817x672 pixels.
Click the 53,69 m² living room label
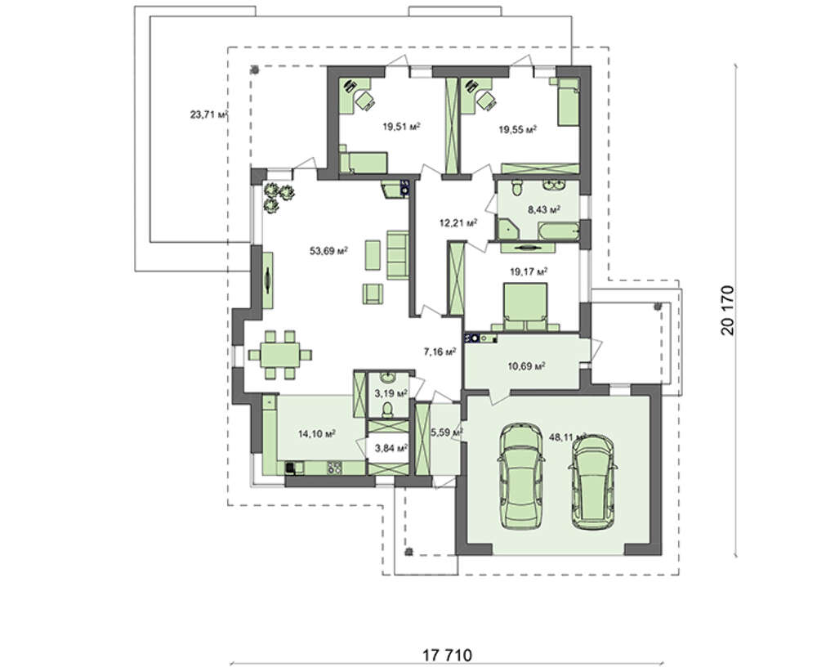328,251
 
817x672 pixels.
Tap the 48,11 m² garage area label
568,437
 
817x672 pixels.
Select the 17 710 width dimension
447,655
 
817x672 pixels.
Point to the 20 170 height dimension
727,310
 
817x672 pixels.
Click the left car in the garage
520,476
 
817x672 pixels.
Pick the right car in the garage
592,482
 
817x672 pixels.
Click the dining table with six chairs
279,355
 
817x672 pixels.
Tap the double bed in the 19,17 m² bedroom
525,307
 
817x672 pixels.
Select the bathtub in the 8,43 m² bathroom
558,231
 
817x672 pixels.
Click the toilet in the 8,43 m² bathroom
516,188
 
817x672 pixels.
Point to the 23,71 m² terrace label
209,114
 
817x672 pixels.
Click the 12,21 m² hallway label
458,223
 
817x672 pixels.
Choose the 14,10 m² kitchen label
317,433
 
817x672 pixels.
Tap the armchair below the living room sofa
373,293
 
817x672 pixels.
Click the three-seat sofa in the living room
398,255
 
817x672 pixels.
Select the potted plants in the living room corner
278,195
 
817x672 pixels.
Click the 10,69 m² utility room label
527,366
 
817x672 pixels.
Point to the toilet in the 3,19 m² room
387,410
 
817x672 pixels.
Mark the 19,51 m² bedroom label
402,126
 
